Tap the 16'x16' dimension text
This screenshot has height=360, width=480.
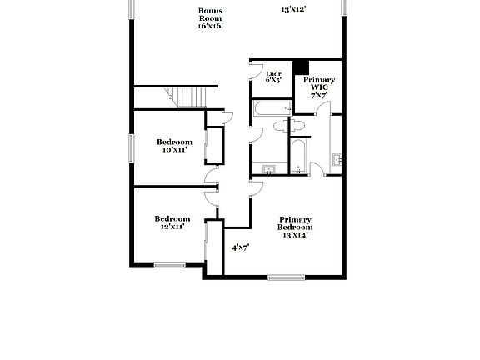pos(210,26)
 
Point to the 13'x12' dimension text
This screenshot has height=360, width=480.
pos(294,10)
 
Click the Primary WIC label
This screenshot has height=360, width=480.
pos(319,82)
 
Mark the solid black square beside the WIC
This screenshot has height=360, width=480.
pos(301,68)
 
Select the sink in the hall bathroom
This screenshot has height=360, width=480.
pos(269,169)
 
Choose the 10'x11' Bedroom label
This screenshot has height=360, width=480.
pos(173,146)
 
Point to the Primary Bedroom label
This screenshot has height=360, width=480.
pos(296,222)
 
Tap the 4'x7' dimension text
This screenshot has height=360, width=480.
pos(241,247)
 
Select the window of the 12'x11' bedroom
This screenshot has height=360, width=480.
pos(169,265)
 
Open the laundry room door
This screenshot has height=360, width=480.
pos(257,71)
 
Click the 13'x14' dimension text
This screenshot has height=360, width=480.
pos(296,235)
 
